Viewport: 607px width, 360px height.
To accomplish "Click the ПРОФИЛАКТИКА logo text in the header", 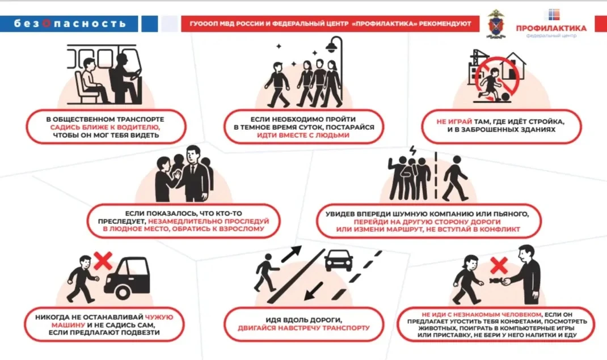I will (x=551, y=28).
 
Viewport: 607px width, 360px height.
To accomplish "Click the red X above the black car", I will (x=103, y=261).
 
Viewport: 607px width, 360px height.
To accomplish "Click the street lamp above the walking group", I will (x=335, y=45).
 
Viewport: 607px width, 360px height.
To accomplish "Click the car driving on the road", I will (x=339, y=261).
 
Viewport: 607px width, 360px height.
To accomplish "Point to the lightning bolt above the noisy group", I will (x=412, y=152).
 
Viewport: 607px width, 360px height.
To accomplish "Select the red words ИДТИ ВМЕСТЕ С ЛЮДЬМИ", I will (x=303, y=137).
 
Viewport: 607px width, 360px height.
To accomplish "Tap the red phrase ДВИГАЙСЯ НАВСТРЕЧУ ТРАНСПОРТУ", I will (x=304, y=328).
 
